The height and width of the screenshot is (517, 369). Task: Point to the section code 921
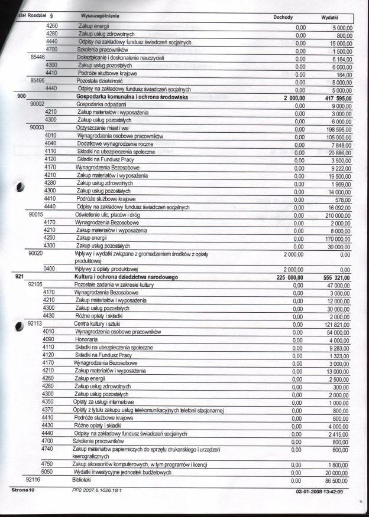pyautogui.click(x=19, y=276)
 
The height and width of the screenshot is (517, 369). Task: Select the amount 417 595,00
pyautogui.click(x=335, y=97)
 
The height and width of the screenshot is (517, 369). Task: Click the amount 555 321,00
pyautogui.click(x=335, y=277)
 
